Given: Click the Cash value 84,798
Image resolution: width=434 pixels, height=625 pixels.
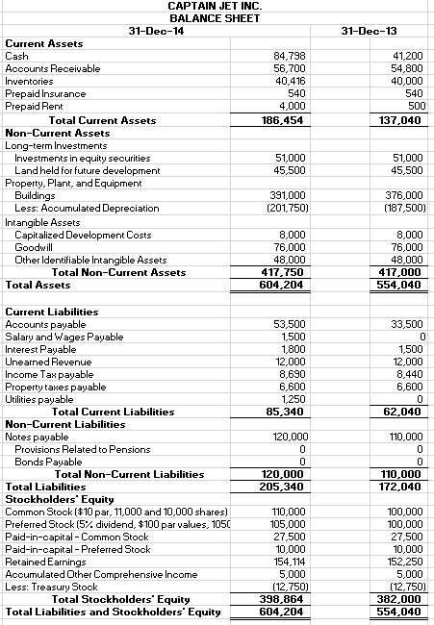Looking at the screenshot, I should pyautogui.click(x=290, y=57).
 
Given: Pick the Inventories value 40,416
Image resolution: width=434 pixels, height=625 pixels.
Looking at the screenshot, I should pyautogui.click(x=290, y=82).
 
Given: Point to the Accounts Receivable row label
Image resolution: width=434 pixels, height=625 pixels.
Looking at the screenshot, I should pyautogui.click(x=46, y=69).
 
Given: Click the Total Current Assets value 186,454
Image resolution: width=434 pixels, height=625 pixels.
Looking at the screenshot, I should pyautogui.click(x=285, y=120).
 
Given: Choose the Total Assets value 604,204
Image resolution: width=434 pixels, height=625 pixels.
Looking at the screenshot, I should pyautogui.click(x=285, y=285).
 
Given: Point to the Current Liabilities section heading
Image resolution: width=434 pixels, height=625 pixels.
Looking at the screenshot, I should pyautogui.click(x=52, y=312).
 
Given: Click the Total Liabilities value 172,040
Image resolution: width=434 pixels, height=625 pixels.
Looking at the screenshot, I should pyautogui.click(x=400, y=487).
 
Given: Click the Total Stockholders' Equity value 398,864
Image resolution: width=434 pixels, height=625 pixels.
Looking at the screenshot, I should pyautogui.click(x=285, y=599).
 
